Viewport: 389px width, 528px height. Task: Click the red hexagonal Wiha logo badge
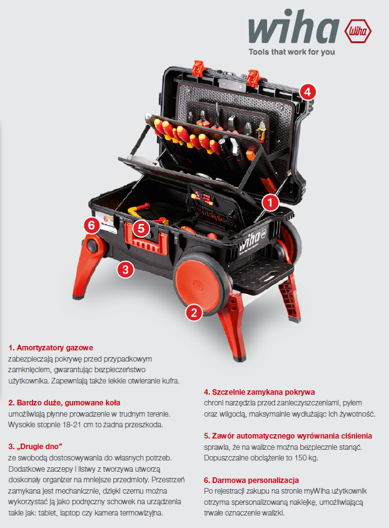(x=358, y=31)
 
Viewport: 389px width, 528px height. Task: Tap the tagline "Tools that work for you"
(x=291, y=52)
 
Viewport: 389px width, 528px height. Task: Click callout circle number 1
(x=270, y=203)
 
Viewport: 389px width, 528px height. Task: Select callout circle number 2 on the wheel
(x=194, y=313)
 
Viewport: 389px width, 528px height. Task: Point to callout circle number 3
(x=126, y=270)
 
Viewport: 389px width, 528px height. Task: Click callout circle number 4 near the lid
(x=308, y=91)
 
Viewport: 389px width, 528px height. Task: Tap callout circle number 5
(x=141, y=228)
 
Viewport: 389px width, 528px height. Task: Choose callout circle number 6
(x=91, y=225)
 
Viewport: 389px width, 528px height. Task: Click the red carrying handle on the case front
(x=146, y=239)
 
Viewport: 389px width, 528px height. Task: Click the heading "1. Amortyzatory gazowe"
(x=51, y=348)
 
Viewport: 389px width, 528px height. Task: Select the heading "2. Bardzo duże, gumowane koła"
(x=64, y=403)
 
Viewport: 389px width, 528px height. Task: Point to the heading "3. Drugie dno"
(x=35, y=447)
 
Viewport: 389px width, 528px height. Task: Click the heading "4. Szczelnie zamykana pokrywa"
(x=260, y=392)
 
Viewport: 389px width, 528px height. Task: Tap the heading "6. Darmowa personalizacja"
(x=251, y=480)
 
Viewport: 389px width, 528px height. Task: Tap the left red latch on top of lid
(x=198, y=68)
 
